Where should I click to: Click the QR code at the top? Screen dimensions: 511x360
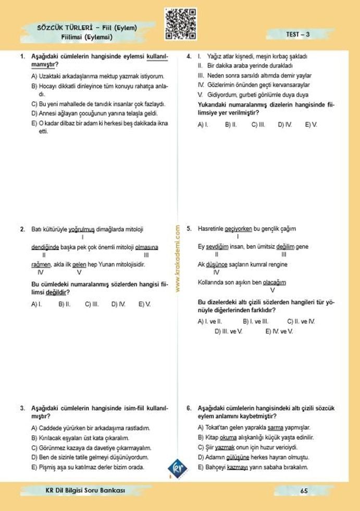(180, 24)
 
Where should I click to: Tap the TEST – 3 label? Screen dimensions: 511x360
(298, 34)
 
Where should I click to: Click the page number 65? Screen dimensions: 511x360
(304, 491)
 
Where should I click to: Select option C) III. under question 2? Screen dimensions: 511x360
(92, 303)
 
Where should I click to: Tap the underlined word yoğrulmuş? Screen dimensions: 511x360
(81, 229)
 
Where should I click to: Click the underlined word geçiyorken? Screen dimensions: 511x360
(238, 229)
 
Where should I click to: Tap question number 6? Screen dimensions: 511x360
(189, 408)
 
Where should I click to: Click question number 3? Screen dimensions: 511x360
(22, 408)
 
